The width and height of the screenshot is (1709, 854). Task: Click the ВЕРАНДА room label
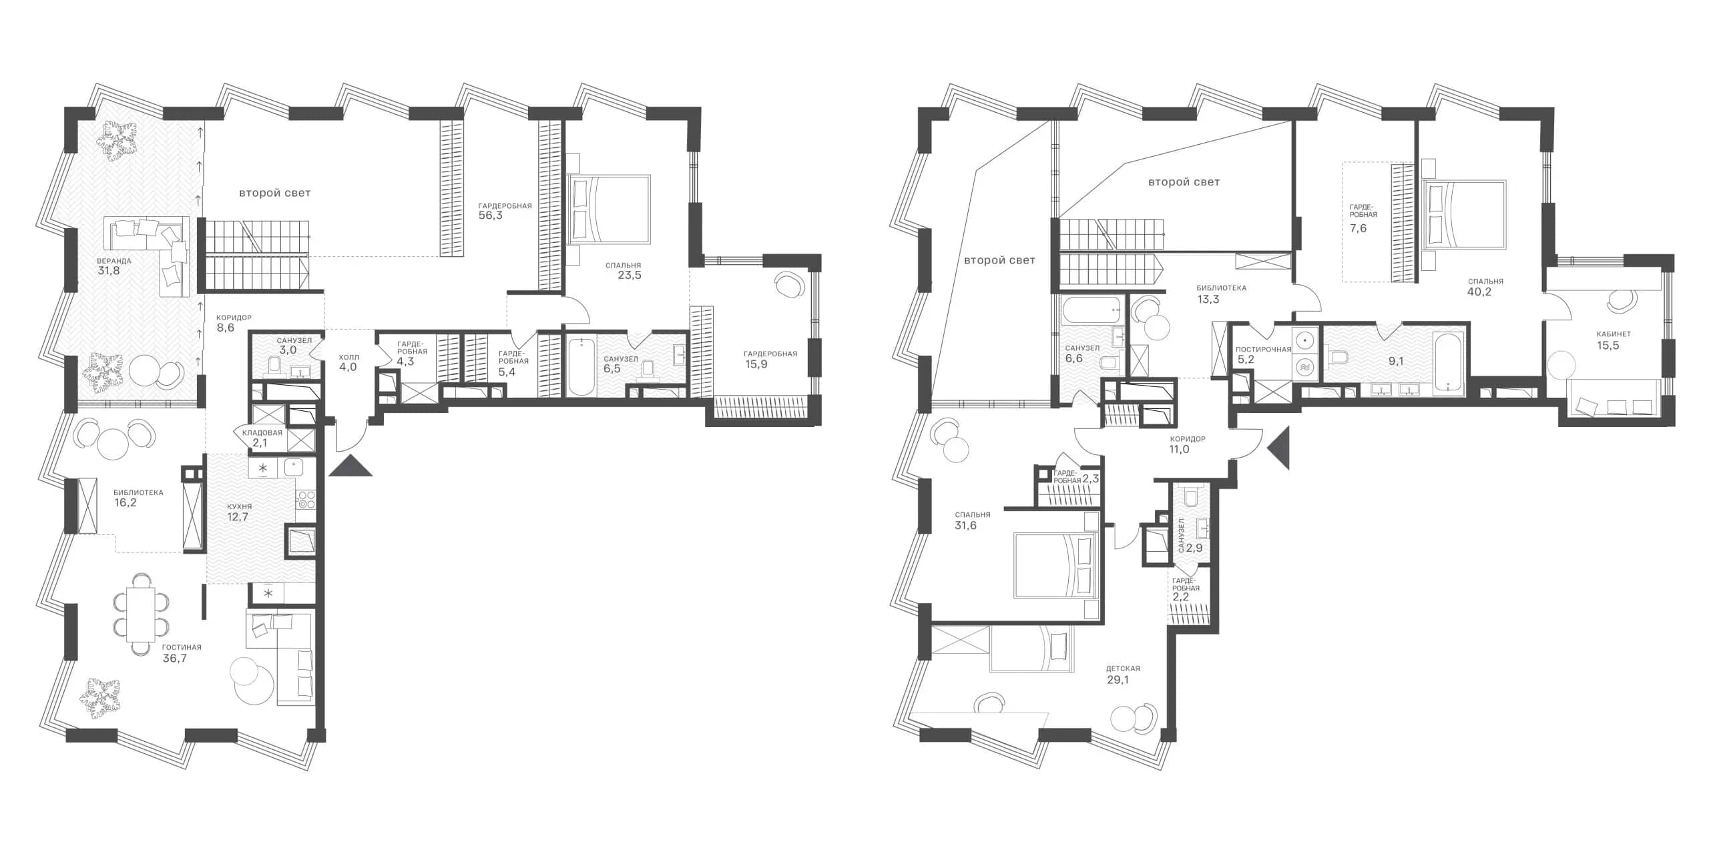point(113,261)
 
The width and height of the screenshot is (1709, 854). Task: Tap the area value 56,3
point(491,216)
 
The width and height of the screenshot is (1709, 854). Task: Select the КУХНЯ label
point(238,506)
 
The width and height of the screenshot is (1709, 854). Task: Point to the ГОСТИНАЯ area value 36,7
point(175,658)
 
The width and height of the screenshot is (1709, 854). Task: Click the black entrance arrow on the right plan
point(1278,448)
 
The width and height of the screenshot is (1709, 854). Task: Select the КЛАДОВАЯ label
point(262,432)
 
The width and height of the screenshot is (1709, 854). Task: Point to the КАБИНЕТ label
point(1614,334)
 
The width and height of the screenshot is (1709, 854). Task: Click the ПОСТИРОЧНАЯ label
point(1263,349)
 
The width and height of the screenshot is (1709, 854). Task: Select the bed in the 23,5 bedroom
point(608,209)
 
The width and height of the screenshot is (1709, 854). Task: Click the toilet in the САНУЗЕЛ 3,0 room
point(274,365)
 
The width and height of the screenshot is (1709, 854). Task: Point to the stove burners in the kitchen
point(306,500)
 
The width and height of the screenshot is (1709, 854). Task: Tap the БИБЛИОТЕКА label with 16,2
point(138,492)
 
